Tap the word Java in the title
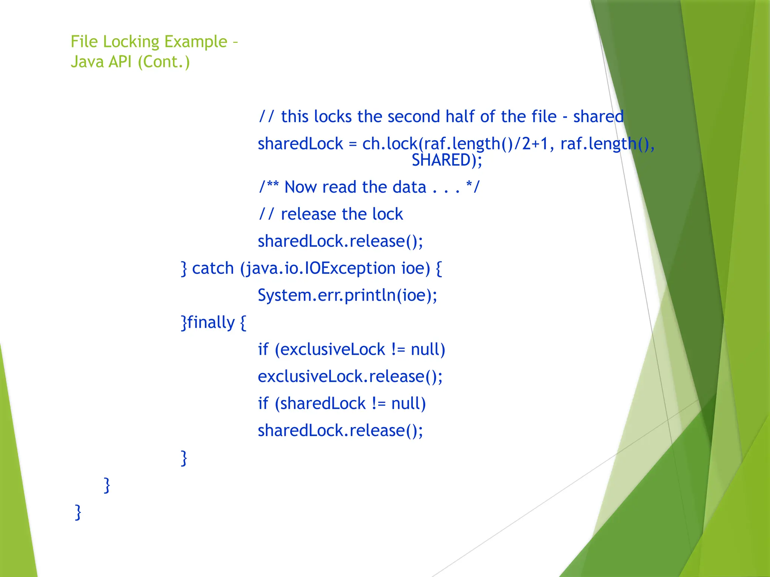(x=87, y=62)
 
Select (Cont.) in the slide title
(x=164, y=62)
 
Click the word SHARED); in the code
(x=447, y=160)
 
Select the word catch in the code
(x=213, y=269)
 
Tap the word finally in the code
(x=211, y=323)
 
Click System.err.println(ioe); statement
(x=347, y=296)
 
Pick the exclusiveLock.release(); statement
(x=350, y=377)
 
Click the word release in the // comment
(x=308, y=214)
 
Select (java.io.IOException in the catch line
(x=318, y=269)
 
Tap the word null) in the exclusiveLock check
(x=428, y=350)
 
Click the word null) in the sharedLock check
(x=409, y=404)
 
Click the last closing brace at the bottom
(x=78, y=512)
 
